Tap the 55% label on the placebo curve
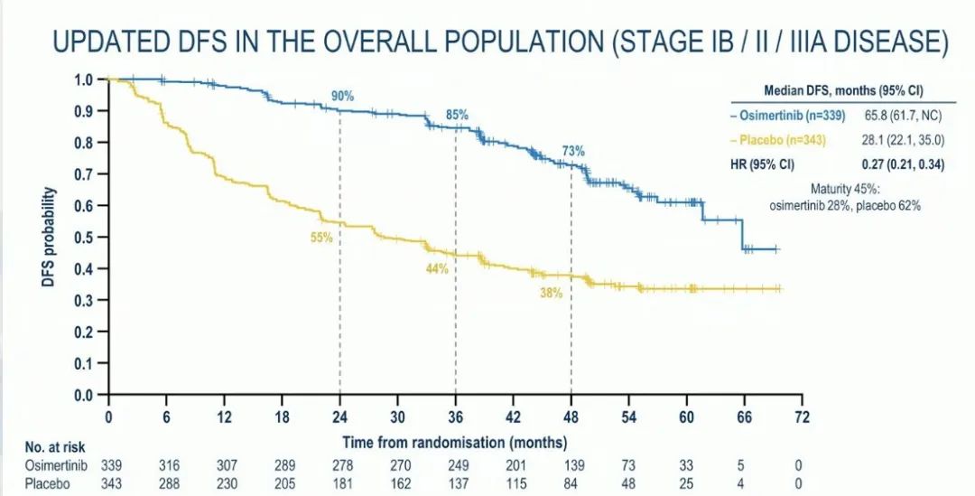point(322,238)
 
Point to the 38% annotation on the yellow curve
point(552,293)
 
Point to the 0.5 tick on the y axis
point(83,238)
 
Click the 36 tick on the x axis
point(455,417)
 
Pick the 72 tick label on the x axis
point(803,417)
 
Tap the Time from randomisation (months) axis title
point(454,443)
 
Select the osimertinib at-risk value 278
point(339,464)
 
